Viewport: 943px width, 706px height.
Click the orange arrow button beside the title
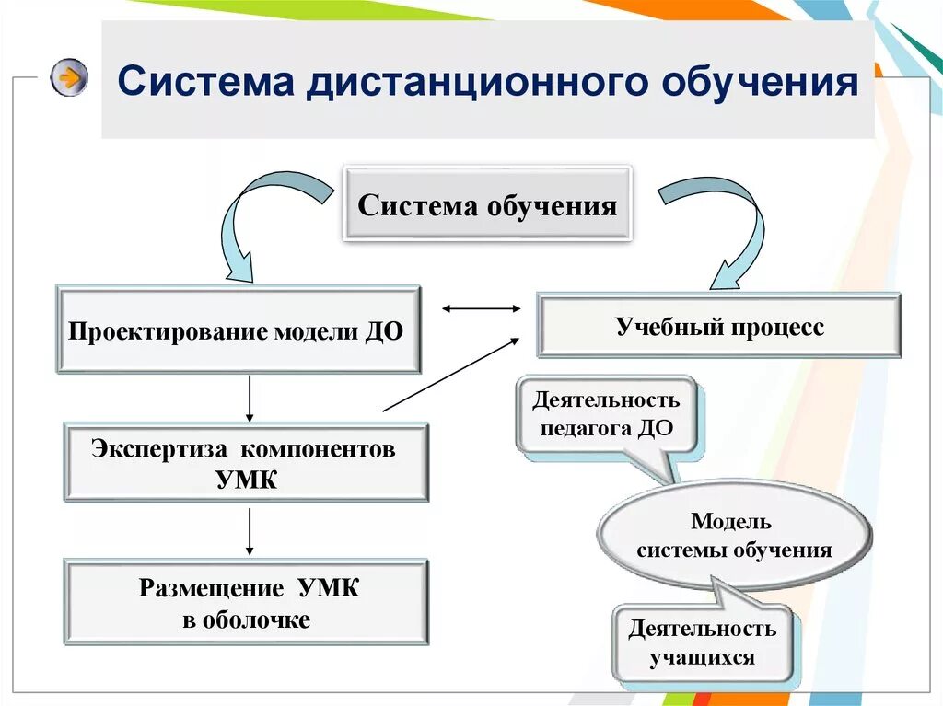tap(69, 77)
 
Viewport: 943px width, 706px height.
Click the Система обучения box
tap(487, 204)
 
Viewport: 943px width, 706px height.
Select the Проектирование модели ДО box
tap(238, 330)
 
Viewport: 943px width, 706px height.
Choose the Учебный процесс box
tap(718, 326)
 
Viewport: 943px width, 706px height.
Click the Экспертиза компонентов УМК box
tap(245, 463)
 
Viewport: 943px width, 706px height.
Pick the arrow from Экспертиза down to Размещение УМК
tap(250, 531)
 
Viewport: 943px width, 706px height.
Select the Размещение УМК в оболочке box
tap(246, 602)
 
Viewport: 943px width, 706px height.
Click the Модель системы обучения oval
tap(733, 537)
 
